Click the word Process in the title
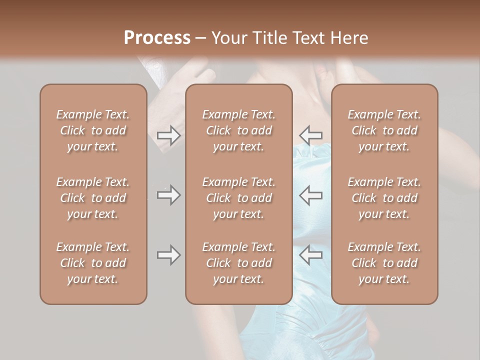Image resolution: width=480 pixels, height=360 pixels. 157,38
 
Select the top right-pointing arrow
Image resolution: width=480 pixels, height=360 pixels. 168,135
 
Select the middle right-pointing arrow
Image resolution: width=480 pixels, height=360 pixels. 168,195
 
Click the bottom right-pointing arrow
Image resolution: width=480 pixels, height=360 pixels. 168,255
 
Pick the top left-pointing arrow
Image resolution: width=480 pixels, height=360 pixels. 311,135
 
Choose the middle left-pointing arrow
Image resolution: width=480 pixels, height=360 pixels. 311,195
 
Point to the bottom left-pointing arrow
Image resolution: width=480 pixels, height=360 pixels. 311,255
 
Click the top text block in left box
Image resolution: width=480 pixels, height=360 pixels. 93,130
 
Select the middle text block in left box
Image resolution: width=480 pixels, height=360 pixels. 93,198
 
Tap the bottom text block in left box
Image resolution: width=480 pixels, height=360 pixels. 93,263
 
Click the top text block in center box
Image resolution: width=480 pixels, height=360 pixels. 239,130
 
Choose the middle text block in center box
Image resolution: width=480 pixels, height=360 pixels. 239,198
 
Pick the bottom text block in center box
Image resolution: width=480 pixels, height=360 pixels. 239,263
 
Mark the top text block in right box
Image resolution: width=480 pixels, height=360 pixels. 384,130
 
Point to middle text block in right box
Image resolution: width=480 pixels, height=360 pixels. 384,198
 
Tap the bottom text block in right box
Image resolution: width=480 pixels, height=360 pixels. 384,263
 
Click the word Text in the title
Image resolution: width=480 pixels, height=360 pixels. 309,38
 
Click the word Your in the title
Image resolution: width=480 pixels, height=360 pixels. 230,38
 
